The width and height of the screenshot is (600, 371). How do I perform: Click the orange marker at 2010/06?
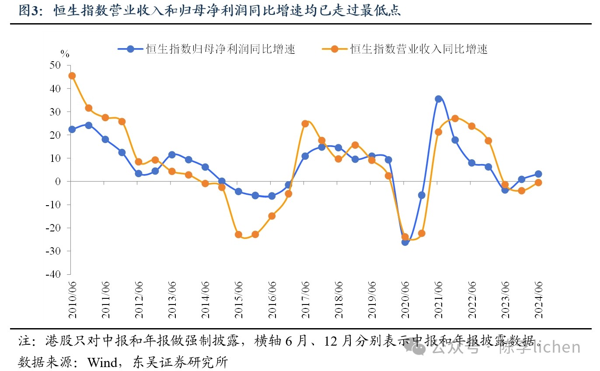[x=72, y=76]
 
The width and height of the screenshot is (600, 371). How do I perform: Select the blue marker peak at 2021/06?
[x=438, y=99]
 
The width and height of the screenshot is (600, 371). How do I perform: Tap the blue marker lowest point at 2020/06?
[x=405, y=241]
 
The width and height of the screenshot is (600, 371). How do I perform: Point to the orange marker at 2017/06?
[x=305, y=123]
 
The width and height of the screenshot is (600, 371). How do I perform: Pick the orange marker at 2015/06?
[x=238, y=234]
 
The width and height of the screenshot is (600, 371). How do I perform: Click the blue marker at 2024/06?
[x=538, y=174]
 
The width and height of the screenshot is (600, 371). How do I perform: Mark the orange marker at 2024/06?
[x=538, y=182]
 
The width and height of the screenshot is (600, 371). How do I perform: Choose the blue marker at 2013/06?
[x=172, y=154]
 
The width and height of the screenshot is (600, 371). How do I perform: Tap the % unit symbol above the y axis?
[x=65, y=54]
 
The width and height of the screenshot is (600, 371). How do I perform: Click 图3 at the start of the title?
[x=29, y=11]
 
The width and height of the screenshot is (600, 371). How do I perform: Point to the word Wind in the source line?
[x=102, y=362]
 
